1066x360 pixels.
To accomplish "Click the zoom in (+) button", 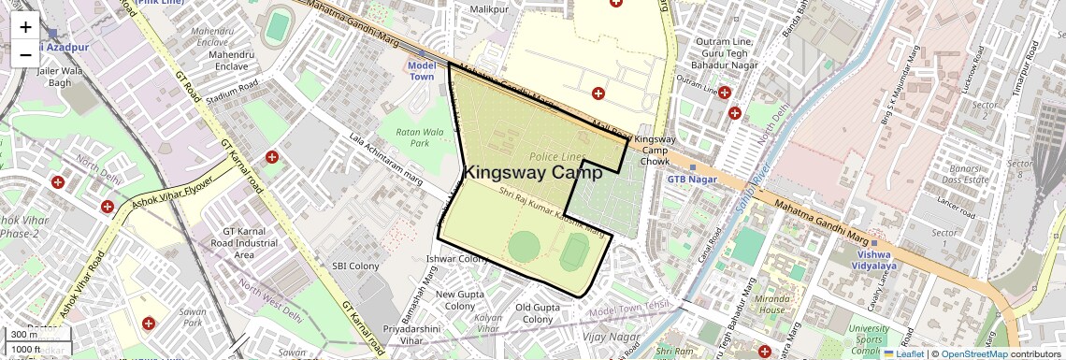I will point(25,28).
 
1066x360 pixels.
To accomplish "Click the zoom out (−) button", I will point(25,54).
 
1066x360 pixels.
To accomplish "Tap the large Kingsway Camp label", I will point(532,173).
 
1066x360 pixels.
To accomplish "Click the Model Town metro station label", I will point(423,71).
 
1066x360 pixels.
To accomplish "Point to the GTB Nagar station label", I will point(690,178).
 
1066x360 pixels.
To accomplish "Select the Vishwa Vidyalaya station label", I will point(874,260).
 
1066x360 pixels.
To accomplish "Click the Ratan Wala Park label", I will point(412,137).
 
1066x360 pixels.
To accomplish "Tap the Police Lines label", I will point(556,156).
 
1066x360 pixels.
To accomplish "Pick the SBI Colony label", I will point(355,266).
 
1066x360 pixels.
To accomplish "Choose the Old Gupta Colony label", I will point(538,313).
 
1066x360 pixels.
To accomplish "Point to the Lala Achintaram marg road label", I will point(386,152).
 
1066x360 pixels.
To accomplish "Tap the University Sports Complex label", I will point(870,334).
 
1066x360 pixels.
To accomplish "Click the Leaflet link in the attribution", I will point(903,353).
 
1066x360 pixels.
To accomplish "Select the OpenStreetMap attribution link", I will point(974,353).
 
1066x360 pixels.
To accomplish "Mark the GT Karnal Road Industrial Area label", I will point(244,242).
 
